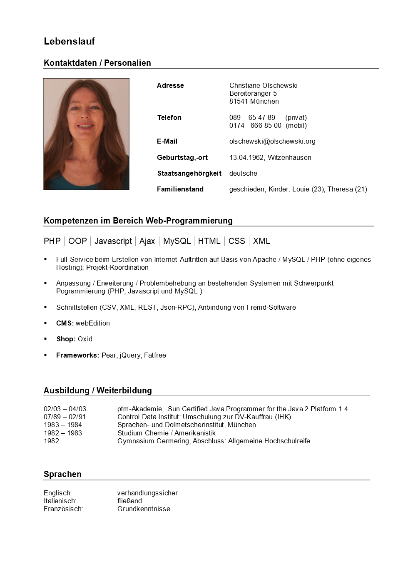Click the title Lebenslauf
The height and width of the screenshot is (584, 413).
pyautogui.click(x=69, y=41)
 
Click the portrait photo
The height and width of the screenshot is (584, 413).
pyautogui.click(x=86, y=134)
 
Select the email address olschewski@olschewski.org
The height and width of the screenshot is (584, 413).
pyautogui.click(x=272, y=142)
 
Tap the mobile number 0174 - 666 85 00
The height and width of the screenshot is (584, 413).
pyautogui.click(x=255, y=126)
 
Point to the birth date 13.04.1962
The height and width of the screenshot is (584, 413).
pyautogui.click(x=246, y=158)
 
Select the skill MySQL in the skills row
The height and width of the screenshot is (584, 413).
pyautogui.click(x=177, y=241)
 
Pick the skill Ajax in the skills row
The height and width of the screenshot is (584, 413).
pyautogui.click(x=147, y=241)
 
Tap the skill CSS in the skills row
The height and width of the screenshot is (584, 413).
pyautogui.click(x=236, y=241)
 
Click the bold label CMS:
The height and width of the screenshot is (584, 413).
pyautogui.click(x=65, y=323)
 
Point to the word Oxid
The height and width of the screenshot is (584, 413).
pyautogui.click(x=85, y=339)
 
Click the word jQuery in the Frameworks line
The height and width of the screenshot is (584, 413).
pyautogui.click(x=130, y=355)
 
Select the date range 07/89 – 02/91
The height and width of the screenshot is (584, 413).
pyautogui.click(x=65, y=417)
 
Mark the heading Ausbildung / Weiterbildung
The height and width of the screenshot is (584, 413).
pyautogui.click(x=98, y=390)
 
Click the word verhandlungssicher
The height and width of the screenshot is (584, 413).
pyautogui.click(x=147, y=493)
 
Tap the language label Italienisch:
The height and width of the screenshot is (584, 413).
pyautogui.click(x=60, y=501)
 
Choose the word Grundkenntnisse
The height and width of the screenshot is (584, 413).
pyautogui.click(x=144, y=509)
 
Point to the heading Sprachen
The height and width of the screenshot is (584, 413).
pyautogui.click(x=62, y=474)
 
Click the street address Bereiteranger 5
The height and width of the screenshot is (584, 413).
pyautogui.click(x=253, y=94)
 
